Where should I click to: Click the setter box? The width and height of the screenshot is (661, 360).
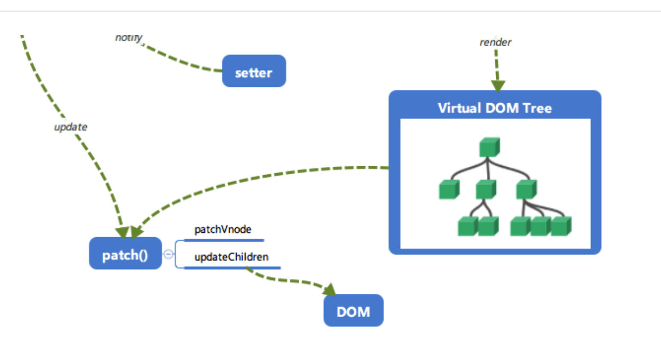254,71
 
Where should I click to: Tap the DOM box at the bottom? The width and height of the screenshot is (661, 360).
353,311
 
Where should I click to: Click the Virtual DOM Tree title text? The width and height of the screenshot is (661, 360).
495,108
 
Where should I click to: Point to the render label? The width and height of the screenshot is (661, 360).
496,42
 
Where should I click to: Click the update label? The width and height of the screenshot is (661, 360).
70,127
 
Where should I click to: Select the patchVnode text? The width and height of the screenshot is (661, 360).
222,230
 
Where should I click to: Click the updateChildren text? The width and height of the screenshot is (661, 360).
231,257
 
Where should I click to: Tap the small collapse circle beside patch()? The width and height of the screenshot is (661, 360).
168,254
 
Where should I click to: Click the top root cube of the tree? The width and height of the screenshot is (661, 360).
490,147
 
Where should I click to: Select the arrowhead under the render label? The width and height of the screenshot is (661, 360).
498,86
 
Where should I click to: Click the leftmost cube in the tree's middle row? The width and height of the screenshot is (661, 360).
449,189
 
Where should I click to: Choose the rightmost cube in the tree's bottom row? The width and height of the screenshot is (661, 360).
561,226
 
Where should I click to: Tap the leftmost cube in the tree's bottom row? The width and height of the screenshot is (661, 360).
468,226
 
